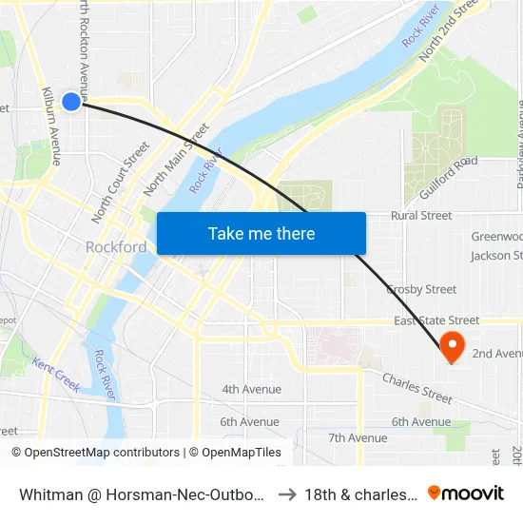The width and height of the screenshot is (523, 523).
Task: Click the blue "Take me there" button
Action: [261, 233]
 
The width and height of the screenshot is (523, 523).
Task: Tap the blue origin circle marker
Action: [71, 101]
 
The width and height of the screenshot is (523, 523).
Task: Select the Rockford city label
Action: [116, 247]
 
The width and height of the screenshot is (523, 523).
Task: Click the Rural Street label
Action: [421, 216]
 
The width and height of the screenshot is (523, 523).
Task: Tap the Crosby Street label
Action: [421, 289]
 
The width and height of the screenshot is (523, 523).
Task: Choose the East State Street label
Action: [436, 321]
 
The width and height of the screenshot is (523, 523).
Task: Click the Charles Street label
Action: [417, 388]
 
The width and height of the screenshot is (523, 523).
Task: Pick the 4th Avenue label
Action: [251, 389]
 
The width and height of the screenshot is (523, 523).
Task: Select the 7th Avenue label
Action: [358, 437]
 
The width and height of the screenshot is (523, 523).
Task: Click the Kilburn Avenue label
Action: [50, 126]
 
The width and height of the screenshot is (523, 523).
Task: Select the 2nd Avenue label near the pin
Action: [496, 354]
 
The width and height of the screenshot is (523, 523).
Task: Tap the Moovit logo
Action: [466, 493]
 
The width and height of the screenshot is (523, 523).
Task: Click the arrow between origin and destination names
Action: [288, 494]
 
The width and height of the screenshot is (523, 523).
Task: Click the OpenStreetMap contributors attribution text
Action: [95, 453]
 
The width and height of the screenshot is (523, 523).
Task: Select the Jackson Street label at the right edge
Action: [496, 256]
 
